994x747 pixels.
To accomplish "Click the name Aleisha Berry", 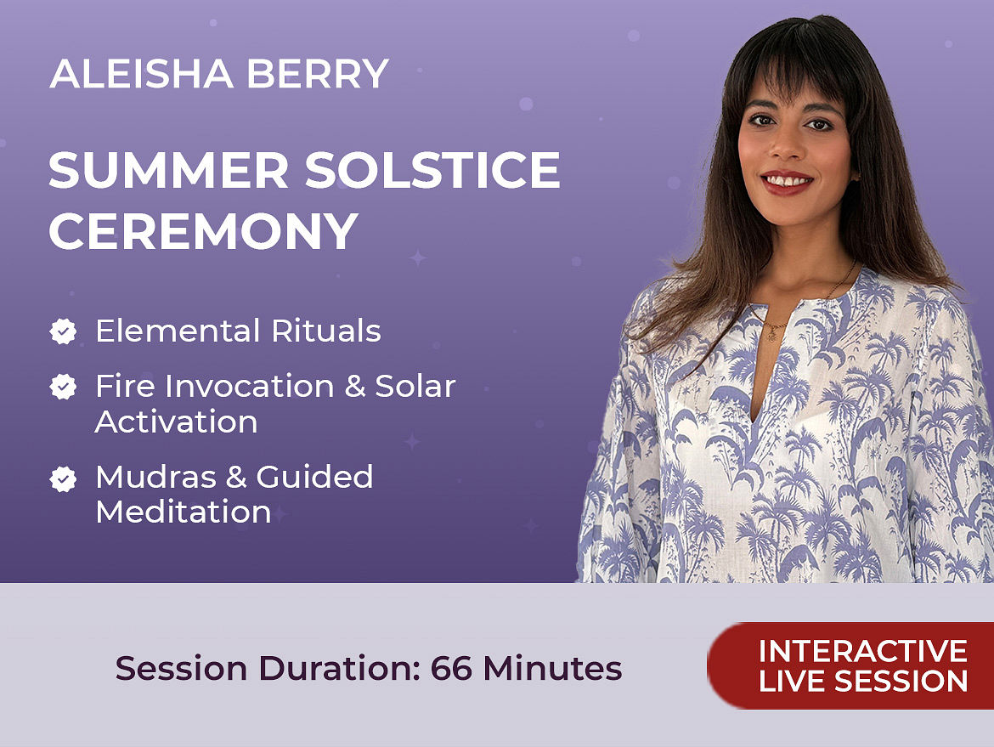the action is click(218, 74).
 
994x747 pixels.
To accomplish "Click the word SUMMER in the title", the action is click(168, 170).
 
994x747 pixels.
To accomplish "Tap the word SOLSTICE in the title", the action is click(432, 170).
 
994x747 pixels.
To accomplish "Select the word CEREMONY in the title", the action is click(204, 230).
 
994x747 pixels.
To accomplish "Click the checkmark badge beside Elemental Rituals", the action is click(64, 331).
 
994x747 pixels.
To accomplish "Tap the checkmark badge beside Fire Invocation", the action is click(64, 386).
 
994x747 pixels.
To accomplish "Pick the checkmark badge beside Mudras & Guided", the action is click(64, 478).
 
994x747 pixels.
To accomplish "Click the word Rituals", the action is click(326, 331).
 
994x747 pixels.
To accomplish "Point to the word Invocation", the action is click(250, 386).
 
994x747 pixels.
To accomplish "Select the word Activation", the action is click(176, 422).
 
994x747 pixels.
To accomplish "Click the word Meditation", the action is click(184, 512).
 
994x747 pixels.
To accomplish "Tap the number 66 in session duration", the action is click(451, 668).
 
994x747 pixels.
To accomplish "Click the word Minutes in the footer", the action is click(552, 668).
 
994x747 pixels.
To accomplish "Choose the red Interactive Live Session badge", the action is click(850, 665).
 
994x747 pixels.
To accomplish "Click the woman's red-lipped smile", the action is click(787, 182).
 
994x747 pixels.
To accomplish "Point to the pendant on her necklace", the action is click(772, 333).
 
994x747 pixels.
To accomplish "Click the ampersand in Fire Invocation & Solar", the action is click(355, 386).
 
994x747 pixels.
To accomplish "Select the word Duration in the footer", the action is click(340, 668).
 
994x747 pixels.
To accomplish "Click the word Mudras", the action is click(156, 477).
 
